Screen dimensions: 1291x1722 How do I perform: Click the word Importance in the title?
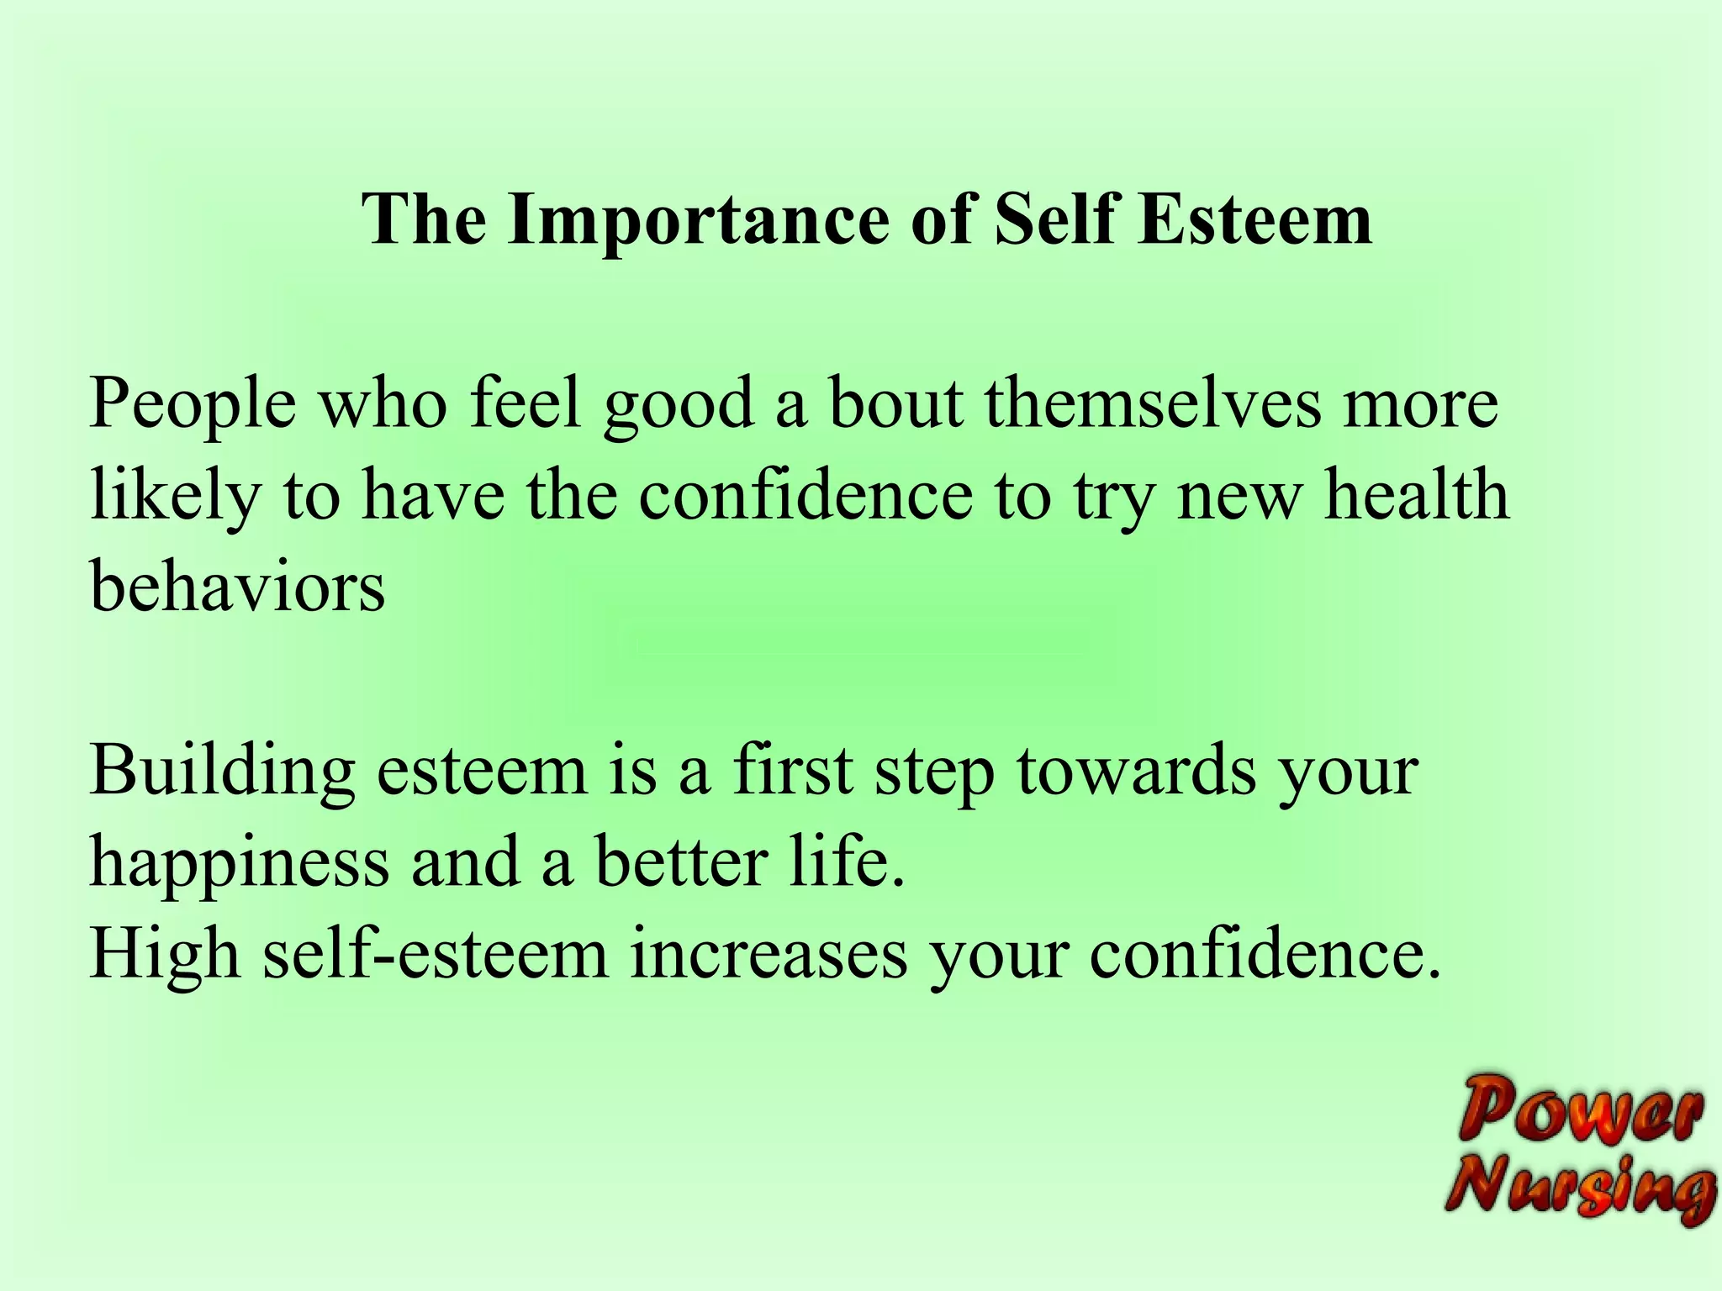[698, 220]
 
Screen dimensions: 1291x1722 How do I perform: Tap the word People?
[193, 405]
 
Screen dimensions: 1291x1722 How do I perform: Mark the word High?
[165, 956]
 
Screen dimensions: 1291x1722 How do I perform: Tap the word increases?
[769, 954]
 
